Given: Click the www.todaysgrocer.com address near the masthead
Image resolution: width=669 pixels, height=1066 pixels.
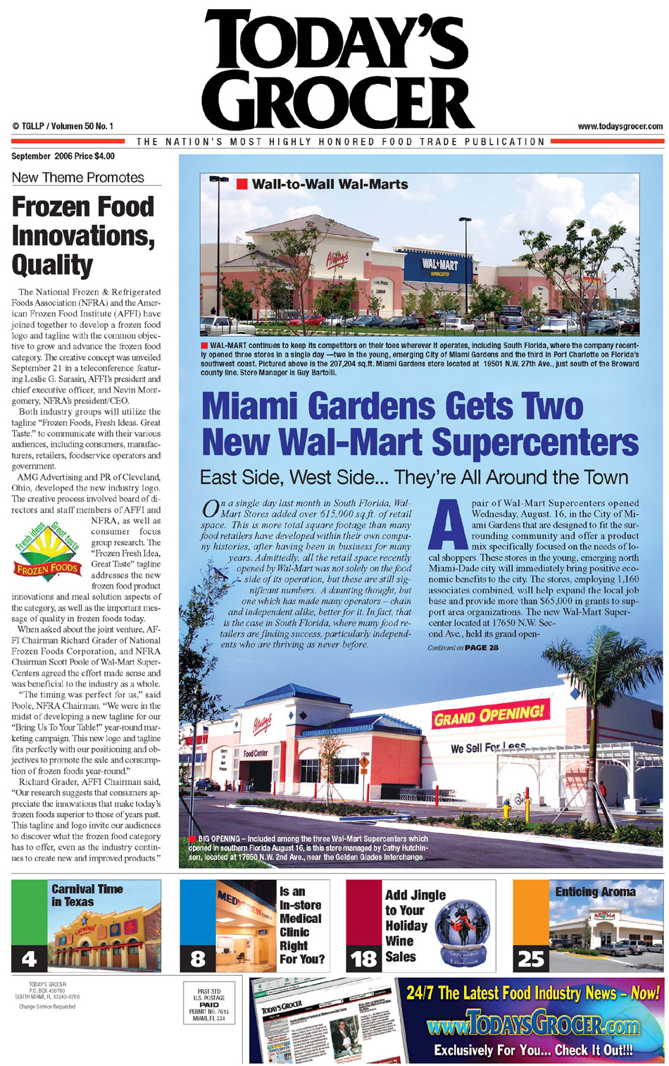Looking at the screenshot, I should pyautogui.click(x=620, y=127).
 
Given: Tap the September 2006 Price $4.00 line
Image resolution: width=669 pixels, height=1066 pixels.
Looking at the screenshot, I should pyautogui.click(x=63, y=156).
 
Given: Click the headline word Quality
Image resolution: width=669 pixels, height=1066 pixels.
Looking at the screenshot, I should pyautogui.click(x=52, y=265).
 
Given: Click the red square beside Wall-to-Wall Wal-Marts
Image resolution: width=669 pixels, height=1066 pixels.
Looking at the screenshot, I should pyautogui.click(x=242, y=185).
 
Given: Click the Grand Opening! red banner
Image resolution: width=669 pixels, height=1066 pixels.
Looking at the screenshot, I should pyautogui.click(x=490, y=715).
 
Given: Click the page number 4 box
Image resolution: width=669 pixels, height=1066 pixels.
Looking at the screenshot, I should pyautogui.click(x=29, y=958).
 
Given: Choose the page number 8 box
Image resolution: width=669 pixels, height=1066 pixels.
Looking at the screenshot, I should pyautogui.click(x=198, y=958).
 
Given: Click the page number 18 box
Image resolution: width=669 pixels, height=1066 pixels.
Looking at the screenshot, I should pyautogui.click(x=364, y=958).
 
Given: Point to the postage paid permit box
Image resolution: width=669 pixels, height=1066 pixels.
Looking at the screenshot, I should pyautogui.click(x=209, y=1004).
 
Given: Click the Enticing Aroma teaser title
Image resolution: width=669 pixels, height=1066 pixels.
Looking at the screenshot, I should pyautogui.click(x=595, y=892).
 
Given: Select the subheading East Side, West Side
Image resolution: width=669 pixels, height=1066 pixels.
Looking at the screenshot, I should pyautogui.click(x=414, y=477).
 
